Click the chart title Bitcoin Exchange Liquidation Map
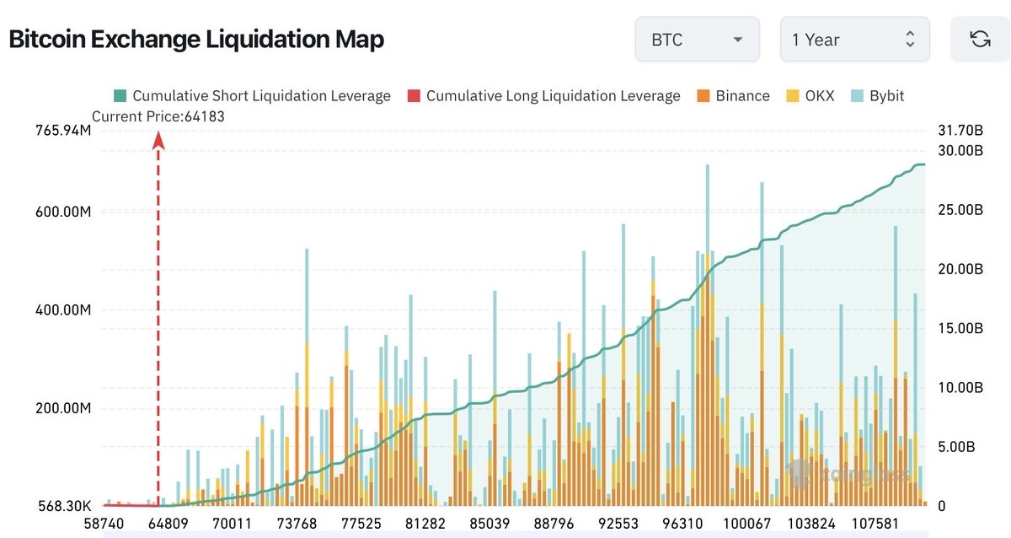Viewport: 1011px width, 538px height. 196,39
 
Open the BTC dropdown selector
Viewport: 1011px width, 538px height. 697,40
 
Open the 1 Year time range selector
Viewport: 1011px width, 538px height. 854,40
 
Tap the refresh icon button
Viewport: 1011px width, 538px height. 980,40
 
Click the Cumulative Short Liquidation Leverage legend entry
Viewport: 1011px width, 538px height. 252,96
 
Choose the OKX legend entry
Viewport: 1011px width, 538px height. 810,96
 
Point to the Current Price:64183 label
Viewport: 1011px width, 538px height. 158,117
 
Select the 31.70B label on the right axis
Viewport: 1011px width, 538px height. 960,131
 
